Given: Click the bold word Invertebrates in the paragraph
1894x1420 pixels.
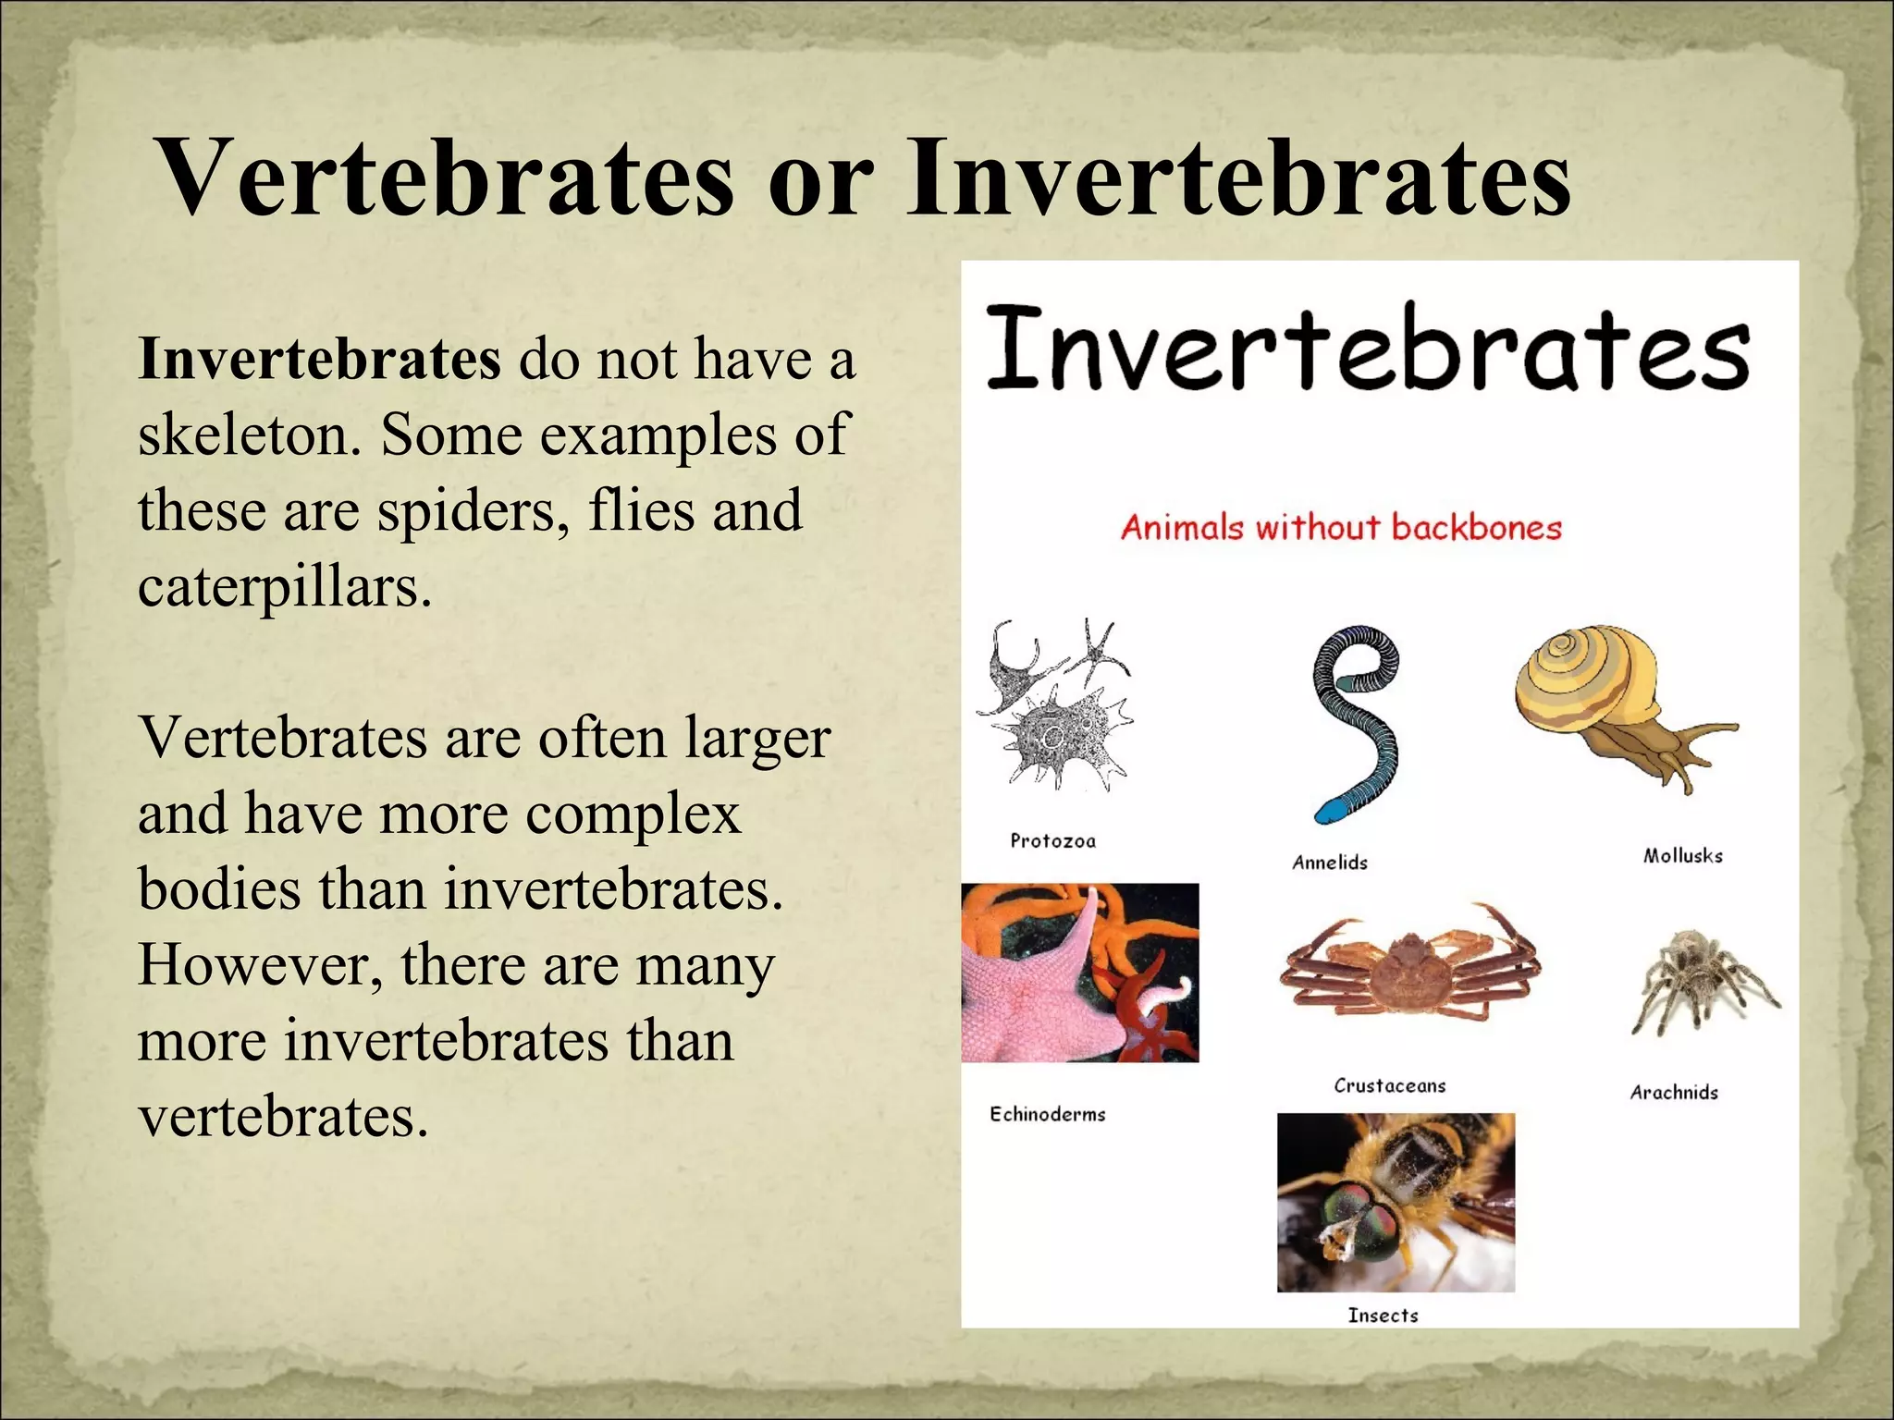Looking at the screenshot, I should click(319, 359).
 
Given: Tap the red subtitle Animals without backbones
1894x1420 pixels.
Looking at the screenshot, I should click(1341, 528).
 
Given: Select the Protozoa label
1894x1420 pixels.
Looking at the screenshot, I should click(1052, 840).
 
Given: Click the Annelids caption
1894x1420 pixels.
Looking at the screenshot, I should click(1329, 863).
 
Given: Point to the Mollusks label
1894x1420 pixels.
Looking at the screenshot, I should click(1682, 856).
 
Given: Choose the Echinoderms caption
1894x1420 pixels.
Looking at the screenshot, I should click(1047, 1114).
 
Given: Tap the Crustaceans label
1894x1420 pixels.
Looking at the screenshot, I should click(1389, 1085).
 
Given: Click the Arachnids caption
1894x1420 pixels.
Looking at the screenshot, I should click(1673, 1093).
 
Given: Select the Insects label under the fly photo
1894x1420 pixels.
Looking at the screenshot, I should click(1383, 1315).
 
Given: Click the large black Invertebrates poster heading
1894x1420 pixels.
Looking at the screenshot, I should click(1369, 349).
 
